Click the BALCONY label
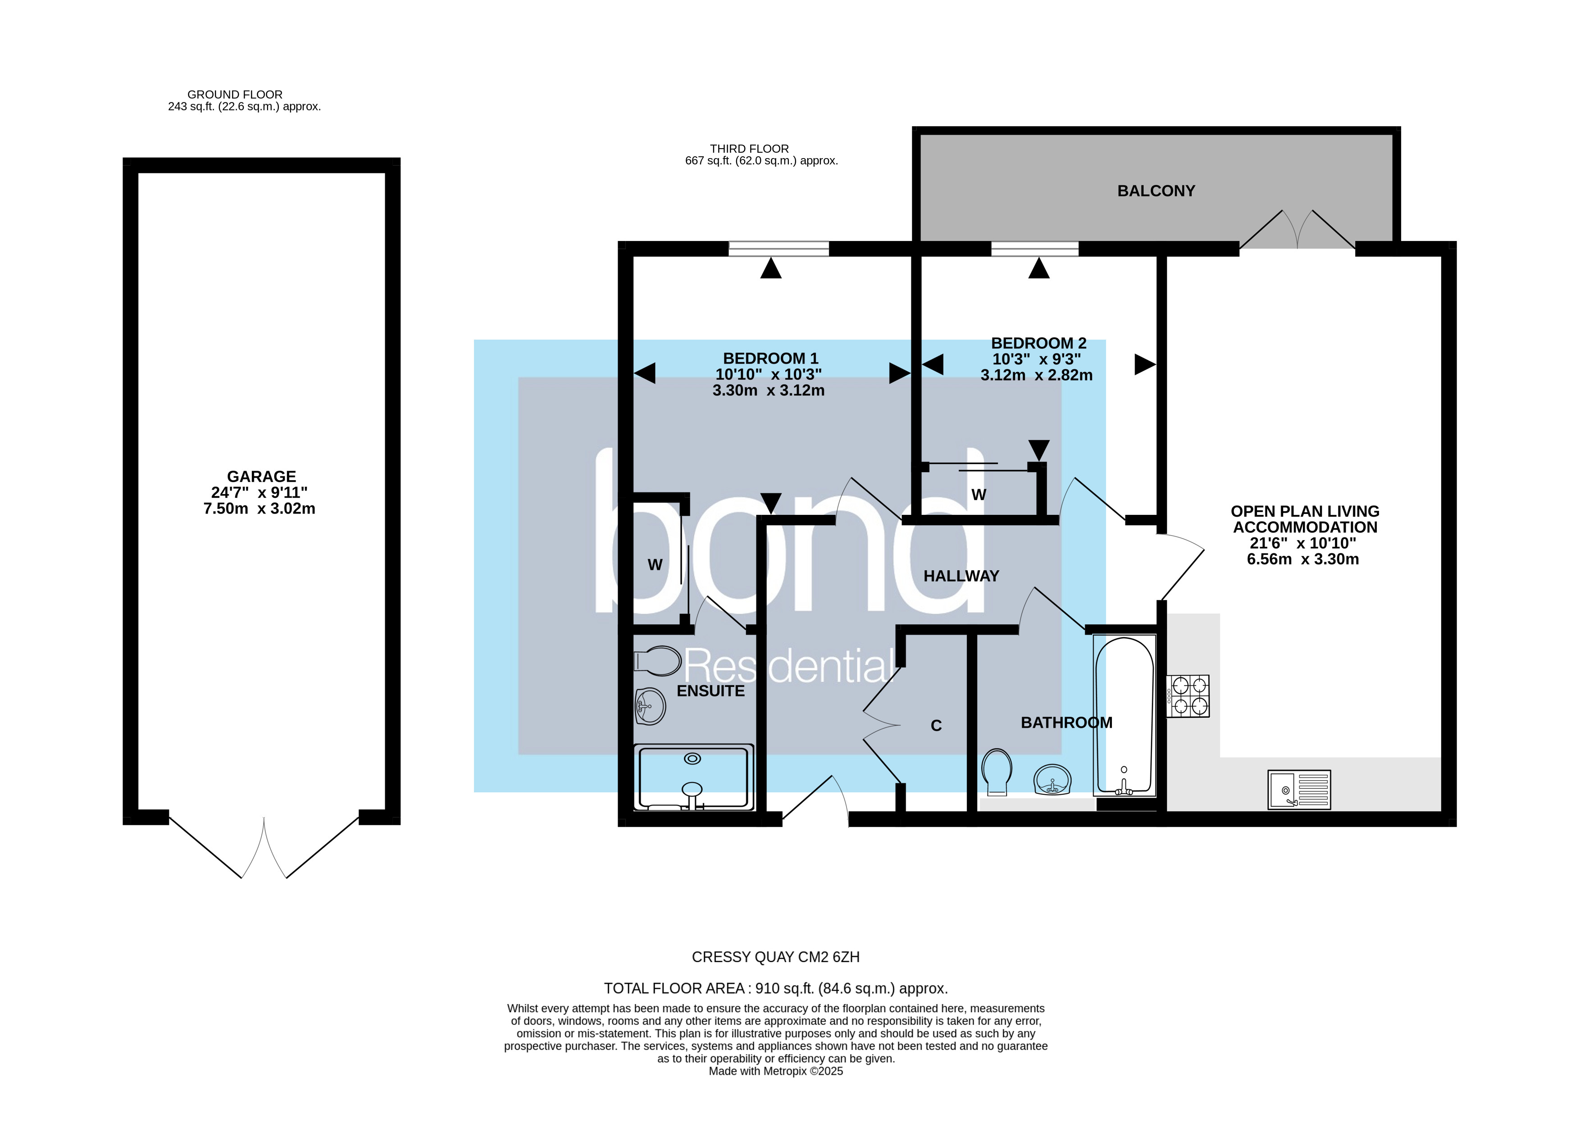pyautogui.click(x=1156, y=191)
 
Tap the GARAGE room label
pyautogui.click(x=261, y=477)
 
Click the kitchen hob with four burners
pyautogui.click(x=1188, y=696)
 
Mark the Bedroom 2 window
pyautogui.click(x=1034, y=249)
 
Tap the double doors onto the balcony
pyautogui.click(x=1297, y=230)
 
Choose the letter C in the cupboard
pyautogui.click(x=936, y=726)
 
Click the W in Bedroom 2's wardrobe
pyautogui.click(x=979, y=495)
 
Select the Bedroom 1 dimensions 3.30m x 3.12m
pyautogui.click(x=769, y=391)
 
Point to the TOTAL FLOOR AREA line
pyautogui.click(x=775, y=988)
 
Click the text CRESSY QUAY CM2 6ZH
pyautogui.click(x=775, y=957)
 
